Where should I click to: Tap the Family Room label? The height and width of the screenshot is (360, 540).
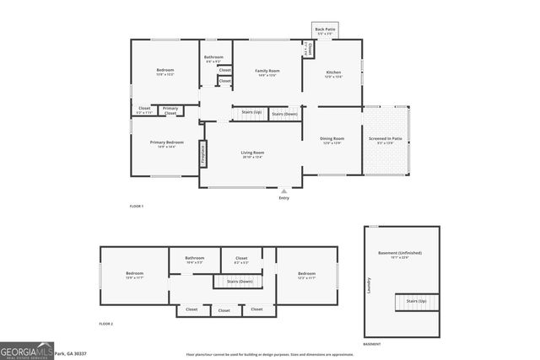point(267,73)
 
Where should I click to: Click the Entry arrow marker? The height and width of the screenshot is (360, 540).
point(283,192)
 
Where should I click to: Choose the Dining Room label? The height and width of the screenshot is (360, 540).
point(332,140)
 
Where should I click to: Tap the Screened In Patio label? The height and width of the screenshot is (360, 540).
point(385,140)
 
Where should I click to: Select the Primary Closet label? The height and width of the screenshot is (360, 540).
point(170,110)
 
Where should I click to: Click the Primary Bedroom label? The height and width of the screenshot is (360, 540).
point(167,144)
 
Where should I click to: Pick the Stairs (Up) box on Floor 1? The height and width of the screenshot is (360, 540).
point(251,112)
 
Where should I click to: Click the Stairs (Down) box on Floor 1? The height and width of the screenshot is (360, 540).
point(284,113)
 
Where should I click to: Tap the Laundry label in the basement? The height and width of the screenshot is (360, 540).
point(370,286)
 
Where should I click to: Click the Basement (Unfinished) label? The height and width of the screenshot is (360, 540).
point(401,255)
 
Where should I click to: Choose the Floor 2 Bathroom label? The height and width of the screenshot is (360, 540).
point(195,260)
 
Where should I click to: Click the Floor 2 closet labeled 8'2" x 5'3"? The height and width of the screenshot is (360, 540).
point(241,260)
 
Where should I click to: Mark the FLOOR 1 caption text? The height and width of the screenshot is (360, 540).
point(137,207)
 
